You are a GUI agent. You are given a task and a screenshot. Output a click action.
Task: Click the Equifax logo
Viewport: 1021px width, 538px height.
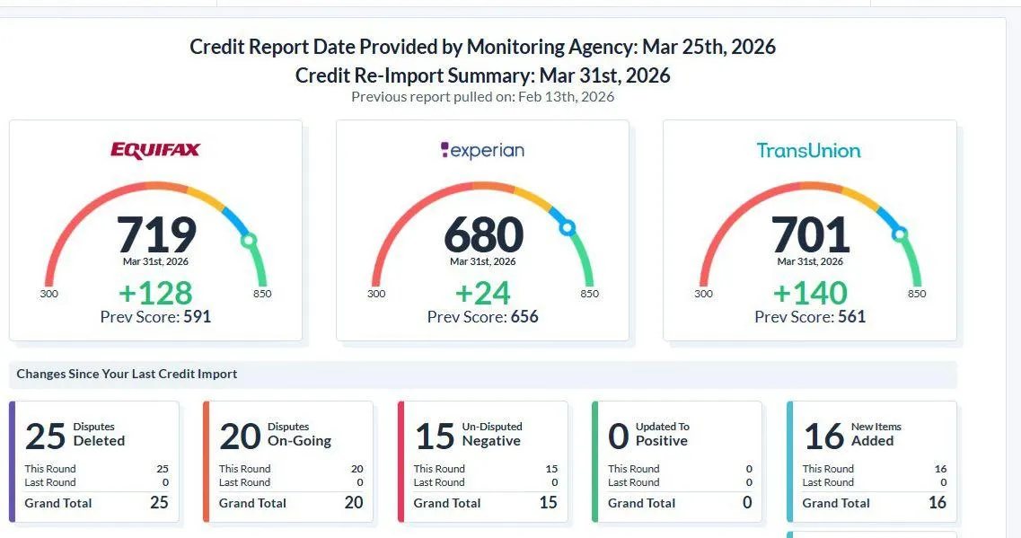tap(155, 150)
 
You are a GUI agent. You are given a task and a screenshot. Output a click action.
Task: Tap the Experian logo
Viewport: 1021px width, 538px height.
tap(482, 151)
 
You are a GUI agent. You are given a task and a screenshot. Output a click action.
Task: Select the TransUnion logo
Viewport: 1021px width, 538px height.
tap(808, 151)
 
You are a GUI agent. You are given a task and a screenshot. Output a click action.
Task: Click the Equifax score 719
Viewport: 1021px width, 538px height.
tap(156, 234)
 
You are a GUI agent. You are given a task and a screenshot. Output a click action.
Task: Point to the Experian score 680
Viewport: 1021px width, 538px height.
tap(483, 234)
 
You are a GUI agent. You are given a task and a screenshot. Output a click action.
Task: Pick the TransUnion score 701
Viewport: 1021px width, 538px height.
tap(810, 234)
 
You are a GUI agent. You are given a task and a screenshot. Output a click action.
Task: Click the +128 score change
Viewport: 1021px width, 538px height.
tap(156, 293)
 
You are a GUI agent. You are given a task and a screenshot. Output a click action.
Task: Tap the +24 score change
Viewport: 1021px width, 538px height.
tap(483, 293)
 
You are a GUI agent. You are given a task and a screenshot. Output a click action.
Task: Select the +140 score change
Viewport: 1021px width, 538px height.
tap(810, 293)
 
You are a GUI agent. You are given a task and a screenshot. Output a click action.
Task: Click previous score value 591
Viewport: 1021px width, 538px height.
tap(197, 316)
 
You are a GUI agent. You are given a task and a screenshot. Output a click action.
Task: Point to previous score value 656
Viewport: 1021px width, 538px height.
tap(524, 316)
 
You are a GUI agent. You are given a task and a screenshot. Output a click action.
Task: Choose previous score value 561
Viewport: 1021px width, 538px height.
tap(851, 316)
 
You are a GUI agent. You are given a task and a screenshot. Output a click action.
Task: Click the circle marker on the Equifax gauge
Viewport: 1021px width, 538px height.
tap(249, 241)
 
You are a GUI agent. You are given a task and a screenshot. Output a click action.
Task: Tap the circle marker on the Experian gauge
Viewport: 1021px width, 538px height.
tap(567, 228)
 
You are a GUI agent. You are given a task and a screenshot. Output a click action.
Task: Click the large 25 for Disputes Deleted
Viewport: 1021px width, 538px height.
tap(46, 436)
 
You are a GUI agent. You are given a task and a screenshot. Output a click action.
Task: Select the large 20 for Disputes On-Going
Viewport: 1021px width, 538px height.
tap(240, 436)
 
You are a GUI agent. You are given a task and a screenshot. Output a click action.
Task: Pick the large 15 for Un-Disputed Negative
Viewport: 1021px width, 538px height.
tap(435, 436)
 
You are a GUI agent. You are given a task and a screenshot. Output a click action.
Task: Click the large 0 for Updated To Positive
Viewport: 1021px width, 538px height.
tap(619, 436)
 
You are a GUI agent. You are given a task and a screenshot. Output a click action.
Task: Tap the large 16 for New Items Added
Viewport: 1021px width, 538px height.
tap(823, 436)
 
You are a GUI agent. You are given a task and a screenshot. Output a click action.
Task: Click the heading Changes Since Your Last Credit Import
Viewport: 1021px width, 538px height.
tap(127, 374)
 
